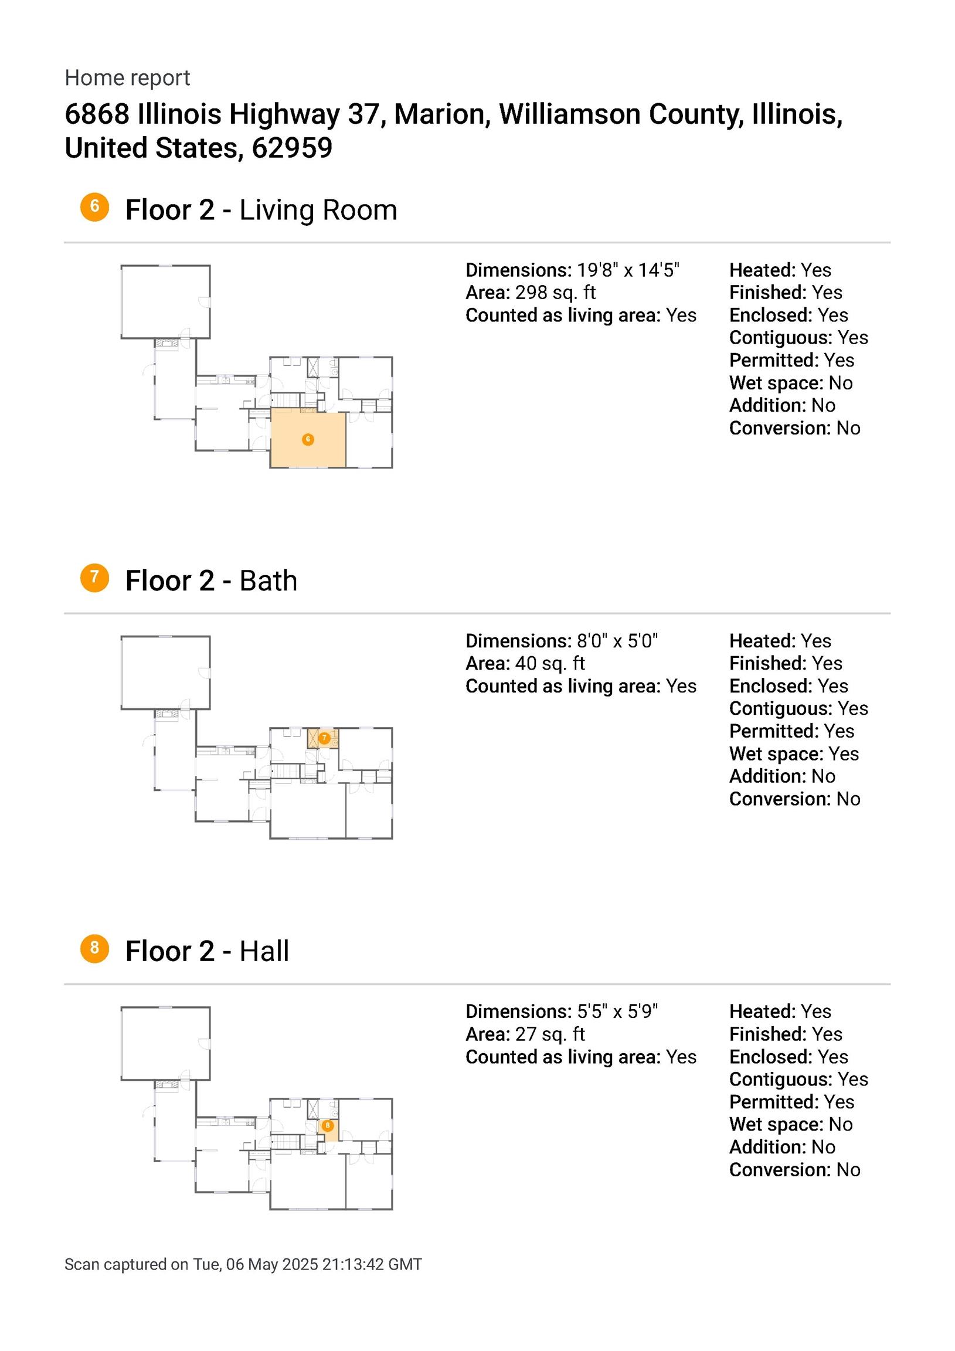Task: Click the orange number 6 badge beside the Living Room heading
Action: click(x=95, y=207)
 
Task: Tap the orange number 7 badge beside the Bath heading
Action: click(x=95, y=578)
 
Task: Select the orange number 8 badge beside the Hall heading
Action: click(x=95, y=949)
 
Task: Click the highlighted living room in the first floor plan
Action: click(x=308, y=440)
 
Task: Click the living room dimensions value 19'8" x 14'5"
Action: click(x=628, y=270)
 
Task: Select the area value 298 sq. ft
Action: click(x=555, y=293)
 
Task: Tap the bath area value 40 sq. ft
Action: click(x=550, y=663)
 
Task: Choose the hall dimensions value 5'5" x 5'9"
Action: click(x=617, y=1011)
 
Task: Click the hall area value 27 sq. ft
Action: click(x=550, y=1034)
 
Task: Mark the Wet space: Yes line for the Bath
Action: click(x=794, y=753)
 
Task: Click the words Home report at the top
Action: click(x=127, y=77)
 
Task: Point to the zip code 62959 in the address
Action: click(x=292, y=148)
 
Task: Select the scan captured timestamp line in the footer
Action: click(x=243, y=1264)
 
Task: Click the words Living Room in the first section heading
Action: click(x=318, y=210)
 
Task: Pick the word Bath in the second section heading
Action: click(x=269, y=581)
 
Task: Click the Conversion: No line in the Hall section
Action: click(x=794, y=1170)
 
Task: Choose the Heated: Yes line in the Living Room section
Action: click(x=780, y=270)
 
